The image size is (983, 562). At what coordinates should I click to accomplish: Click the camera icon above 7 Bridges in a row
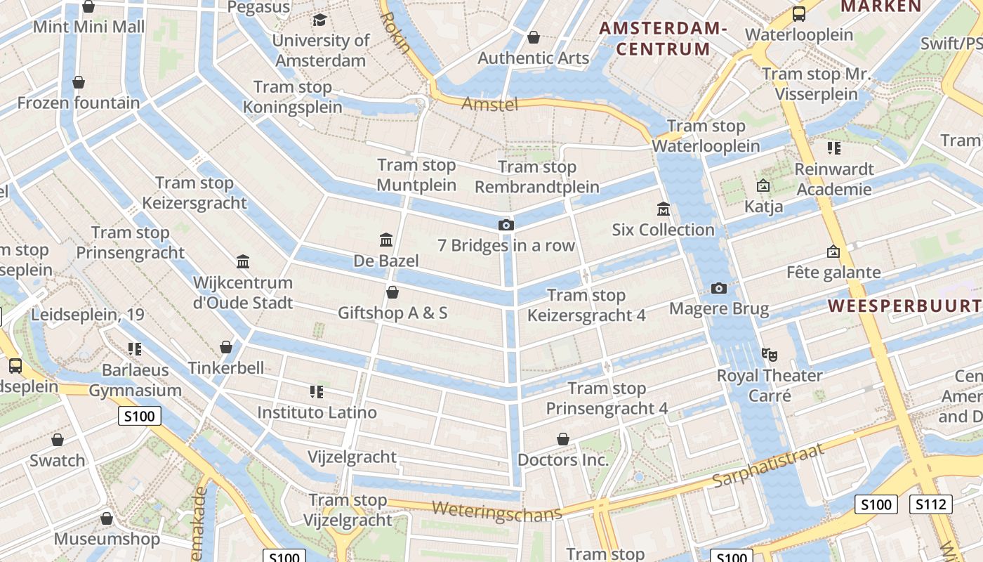506,225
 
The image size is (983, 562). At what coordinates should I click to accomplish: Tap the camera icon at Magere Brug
719,288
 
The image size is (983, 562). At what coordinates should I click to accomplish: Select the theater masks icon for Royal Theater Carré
770,355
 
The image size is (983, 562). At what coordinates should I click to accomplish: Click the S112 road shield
930,504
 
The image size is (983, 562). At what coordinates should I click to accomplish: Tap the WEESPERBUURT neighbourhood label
904,306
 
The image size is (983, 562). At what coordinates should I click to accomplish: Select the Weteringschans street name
497,511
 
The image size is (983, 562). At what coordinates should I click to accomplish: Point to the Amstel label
489,105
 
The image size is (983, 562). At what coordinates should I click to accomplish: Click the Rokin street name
395,32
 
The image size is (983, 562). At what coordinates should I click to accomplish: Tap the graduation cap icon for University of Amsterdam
320,20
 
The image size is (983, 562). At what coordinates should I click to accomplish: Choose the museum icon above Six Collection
664,209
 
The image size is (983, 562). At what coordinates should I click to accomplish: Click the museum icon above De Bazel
385,240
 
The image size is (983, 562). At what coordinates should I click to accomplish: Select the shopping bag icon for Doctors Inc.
562,440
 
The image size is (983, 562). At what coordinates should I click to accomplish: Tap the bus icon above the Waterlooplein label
798,14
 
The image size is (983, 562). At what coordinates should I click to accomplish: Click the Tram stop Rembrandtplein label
537,177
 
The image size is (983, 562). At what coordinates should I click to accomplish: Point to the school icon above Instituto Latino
317,391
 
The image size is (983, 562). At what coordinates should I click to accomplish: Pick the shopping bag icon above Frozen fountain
79,82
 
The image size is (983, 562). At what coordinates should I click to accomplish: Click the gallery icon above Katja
763,185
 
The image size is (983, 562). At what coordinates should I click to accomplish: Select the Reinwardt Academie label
834,179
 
